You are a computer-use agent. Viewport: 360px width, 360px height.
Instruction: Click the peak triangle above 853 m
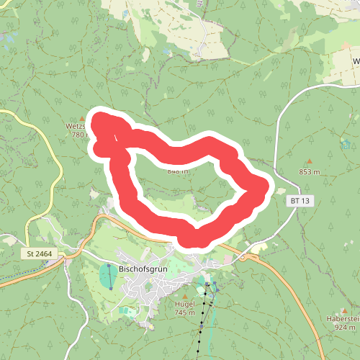click(310, 162)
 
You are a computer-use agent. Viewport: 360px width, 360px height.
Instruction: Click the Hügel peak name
click(185, 305)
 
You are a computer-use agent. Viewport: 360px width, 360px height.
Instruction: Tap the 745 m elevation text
click(185, 312)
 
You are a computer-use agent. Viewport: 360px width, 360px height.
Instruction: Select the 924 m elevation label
click(346, 328)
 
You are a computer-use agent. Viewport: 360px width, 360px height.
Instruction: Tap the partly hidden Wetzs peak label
click(76, 126)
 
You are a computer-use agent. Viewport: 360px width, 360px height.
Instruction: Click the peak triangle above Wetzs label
click(81, 117)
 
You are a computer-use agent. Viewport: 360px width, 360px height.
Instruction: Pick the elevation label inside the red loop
click(177, 171)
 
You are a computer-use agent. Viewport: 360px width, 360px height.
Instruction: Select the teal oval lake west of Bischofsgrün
click(109, 276)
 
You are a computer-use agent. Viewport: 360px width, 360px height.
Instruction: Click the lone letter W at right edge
click(356, 61)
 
